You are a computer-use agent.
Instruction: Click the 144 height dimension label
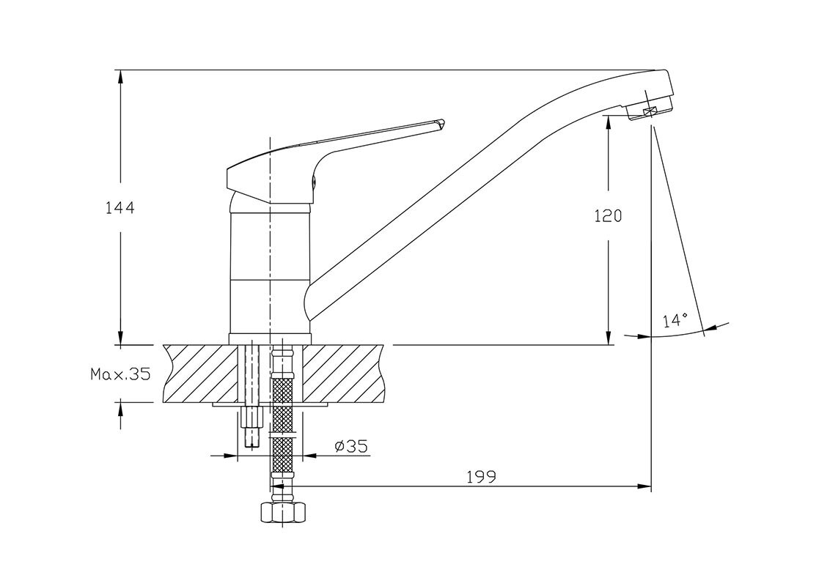120,208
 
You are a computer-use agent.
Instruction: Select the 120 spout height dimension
609,216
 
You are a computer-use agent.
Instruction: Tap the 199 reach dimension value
481,477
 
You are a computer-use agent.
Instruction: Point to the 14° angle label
675,320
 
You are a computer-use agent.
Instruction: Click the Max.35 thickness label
121,374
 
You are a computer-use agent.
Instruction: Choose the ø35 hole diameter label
351,446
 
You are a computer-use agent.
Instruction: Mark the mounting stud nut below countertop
251,418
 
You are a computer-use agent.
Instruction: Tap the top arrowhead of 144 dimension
121,77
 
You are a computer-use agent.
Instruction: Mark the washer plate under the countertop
270,405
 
